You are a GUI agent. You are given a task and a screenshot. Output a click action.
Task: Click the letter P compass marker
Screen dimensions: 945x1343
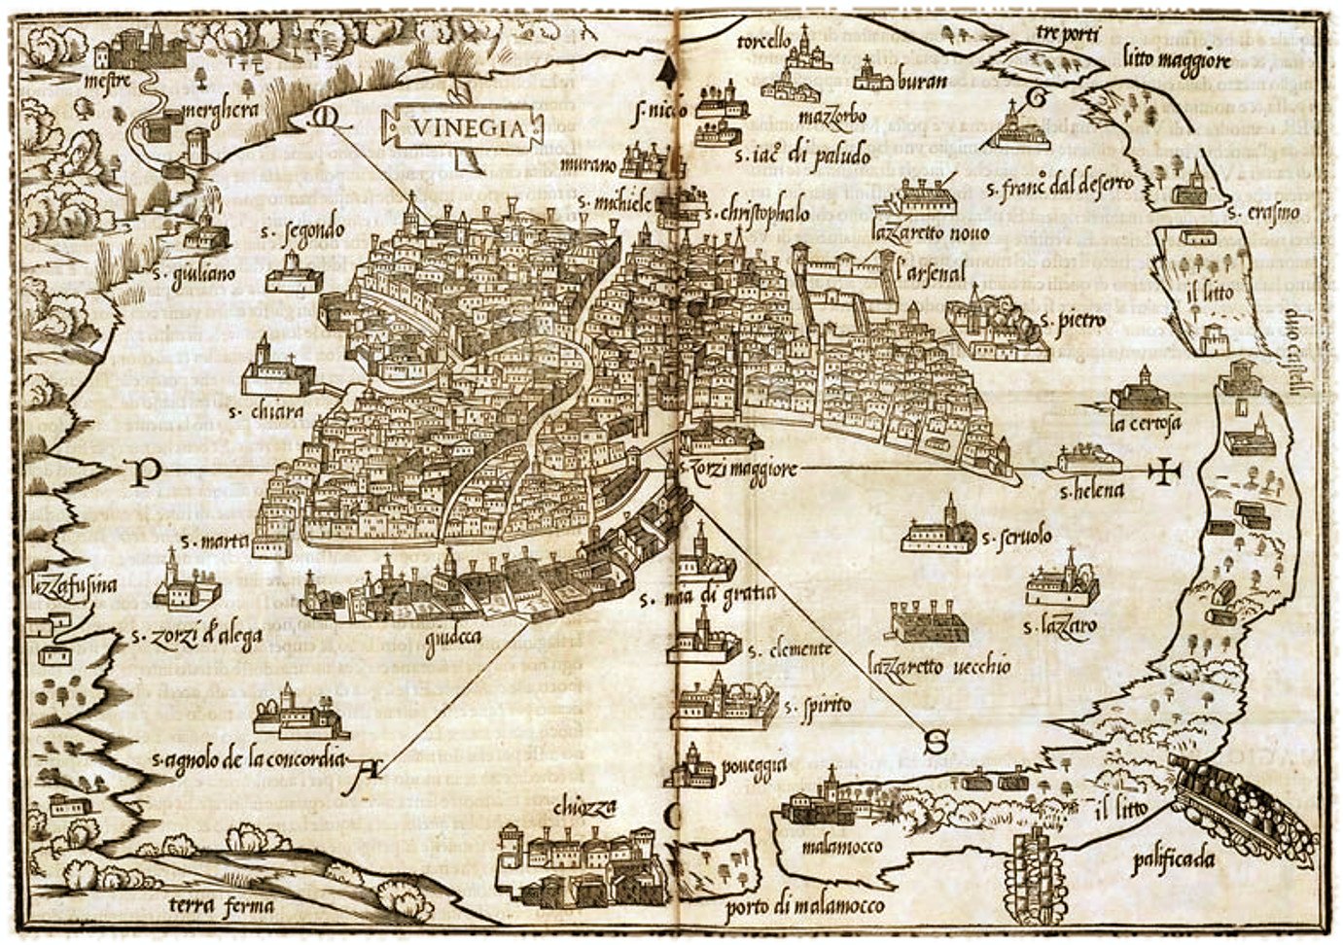145,472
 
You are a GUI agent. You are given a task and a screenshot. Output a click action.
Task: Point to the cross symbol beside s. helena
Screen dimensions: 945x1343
1162,472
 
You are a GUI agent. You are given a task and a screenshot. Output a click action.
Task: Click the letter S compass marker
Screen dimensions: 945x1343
936,744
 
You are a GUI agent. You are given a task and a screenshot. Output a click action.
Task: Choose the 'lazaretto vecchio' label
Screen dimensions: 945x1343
938,667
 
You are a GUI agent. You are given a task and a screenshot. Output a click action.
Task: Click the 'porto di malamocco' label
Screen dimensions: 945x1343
805,906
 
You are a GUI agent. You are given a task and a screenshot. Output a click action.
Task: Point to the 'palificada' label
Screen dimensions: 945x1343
1174,859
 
